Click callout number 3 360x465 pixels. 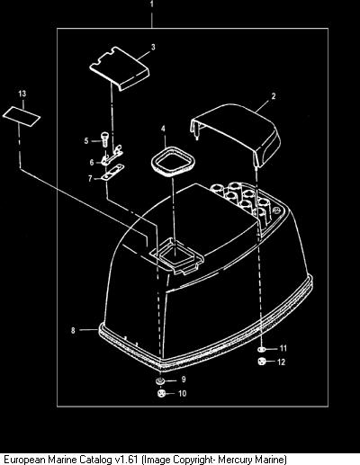[x=153, y=48]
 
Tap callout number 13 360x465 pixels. [x=22, y=94]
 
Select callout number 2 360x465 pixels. [x=274, y=96]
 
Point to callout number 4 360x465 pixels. [x=163, y=129]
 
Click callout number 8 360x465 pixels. [x=73, y=330]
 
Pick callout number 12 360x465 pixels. [x=281, y=362]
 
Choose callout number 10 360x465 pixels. [x=183, y=393]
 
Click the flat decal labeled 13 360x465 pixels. [x=22, y=117]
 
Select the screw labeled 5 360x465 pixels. [x=104, y=139]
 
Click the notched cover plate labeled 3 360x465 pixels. [x=120, y=68]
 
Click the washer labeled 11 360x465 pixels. [x=261, y=349]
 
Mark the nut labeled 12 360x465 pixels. [x=261, y=362]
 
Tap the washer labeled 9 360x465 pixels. [x=159, y=381]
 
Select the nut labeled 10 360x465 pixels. [x=161, y=393]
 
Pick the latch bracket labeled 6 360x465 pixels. [x=112, y=156]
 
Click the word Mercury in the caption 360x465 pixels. [x=236, y=460]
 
